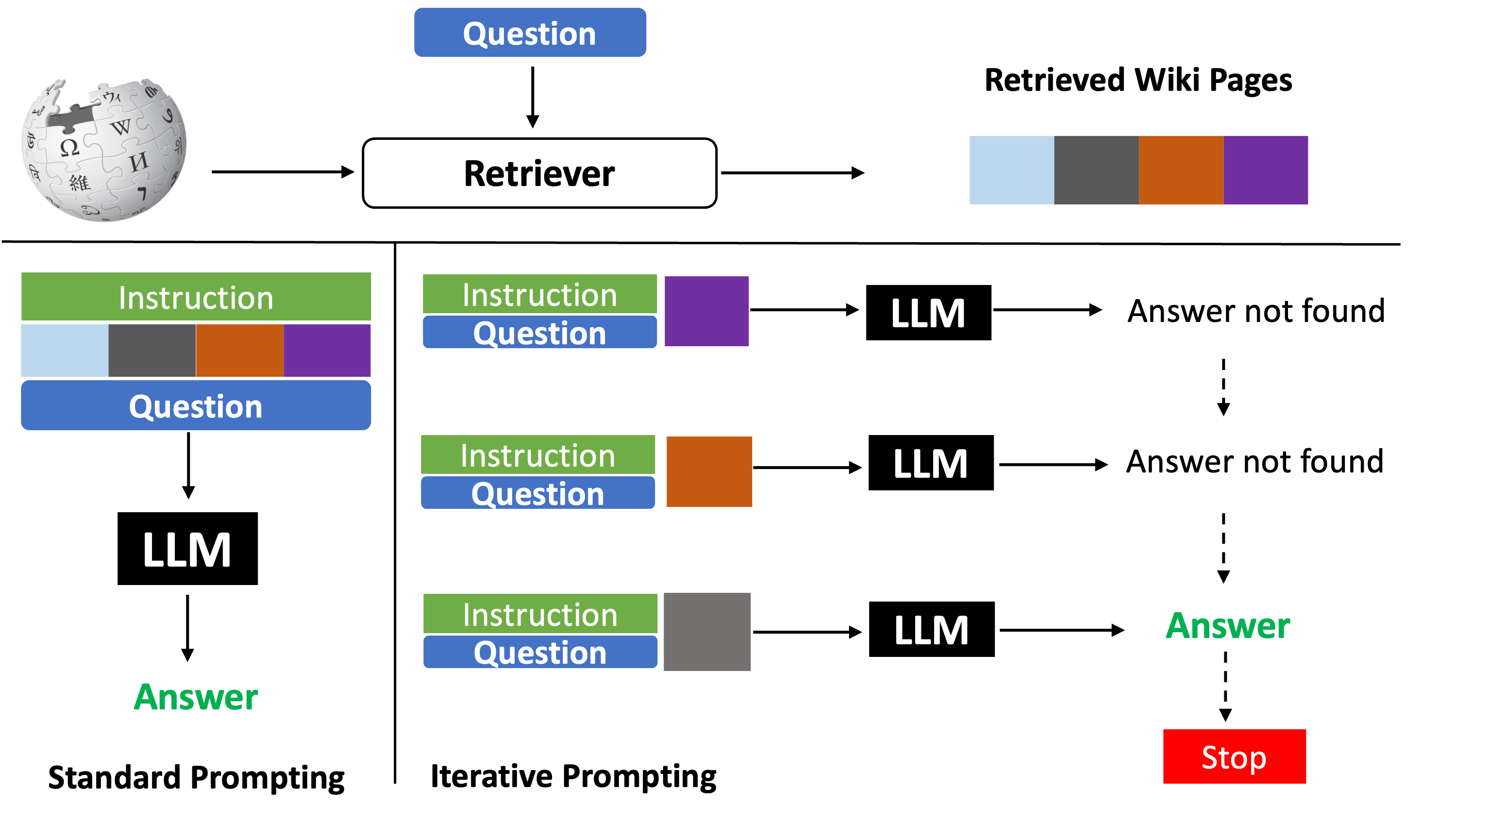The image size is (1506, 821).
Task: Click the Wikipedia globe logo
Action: (103, 150)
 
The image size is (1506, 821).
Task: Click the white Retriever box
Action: (539, 173)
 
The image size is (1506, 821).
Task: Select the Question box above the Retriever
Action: (530, 33)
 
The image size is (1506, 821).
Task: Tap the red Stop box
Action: (1234, 757)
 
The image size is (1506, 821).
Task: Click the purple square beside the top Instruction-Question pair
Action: (706, 312)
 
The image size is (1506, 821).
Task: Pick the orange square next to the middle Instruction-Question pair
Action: (709, 472)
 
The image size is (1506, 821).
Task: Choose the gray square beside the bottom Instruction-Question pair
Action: (707, 632)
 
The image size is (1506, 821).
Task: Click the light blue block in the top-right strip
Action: (1011, 170)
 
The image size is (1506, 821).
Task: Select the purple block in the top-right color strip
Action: (1266, 170)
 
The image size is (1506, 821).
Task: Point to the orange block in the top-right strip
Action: (1181, 170)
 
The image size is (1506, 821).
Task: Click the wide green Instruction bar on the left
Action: (196, 297)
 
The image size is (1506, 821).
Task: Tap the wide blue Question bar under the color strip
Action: (196, 406)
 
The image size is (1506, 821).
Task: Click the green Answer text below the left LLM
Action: (196, 697)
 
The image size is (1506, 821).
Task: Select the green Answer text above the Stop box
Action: (1228, 626)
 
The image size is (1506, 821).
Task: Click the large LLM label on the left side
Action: (187, 550)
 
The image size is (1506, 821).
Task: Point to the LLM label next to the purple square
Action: (928, 314)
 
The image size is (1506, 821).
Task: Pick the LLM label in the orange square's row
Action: (930, 464)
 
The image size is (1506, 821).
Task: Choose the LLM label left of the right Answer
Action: (931, 630)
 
